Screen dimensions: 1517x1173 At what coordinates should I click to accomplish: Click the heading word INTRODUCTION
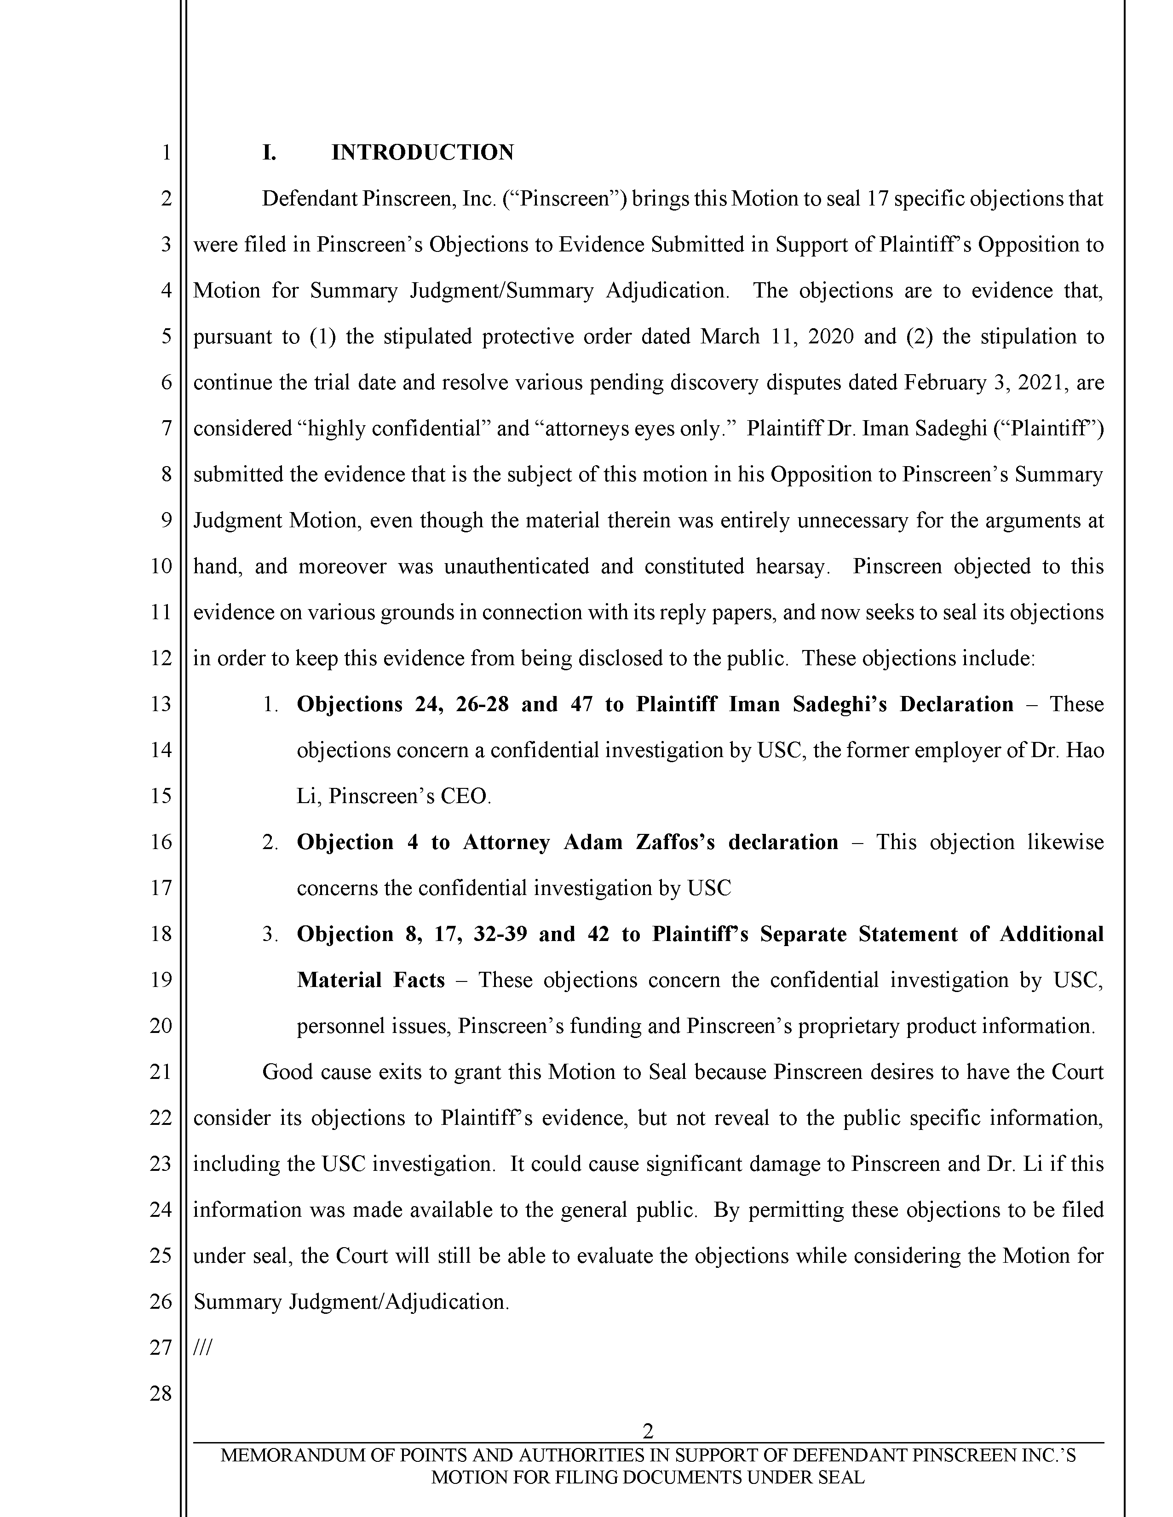click(422, 152)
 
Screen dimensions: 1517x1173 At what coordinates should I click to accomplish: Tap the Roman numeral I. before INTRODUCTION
click(269, 152)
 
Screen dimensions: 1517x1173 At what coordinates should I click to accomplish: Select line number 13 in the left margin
click(161, 704)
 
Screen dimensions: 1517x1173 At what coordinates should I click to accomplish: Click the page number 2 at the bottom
click(648, 1431)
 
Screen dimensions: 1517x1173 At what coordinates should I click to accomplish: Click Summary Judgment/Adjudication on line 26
click(351, 1301)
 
